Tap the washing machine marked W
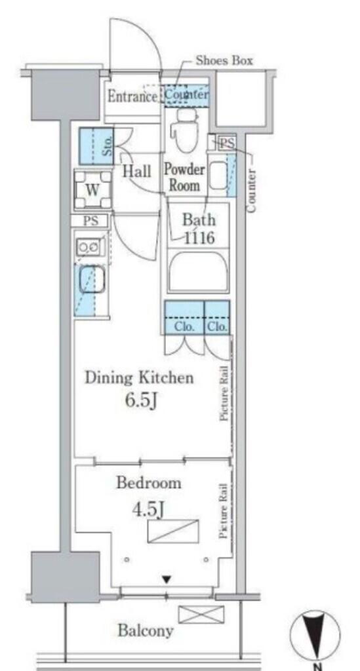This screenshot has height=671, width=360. tap(93, 189)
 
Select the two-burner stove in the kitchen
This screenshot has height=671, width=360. tap(89, 247)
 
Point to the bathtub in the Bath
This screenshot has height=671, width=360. tap(198, 271)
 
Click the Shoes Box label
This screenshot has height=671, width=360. tap(224, 60)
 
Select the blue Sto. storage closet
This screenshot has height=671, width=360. tap(96, 146)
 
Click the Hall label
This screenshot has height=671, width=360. tap(137, 172)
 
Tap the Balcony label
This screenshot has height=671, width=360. tap(146, 630)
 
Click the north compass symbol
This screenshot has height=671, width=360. tap(315, 636)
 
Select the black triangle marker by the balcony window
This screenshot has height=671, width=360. tap(167, 580)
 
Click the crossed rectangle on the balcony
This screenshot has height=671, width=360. tap(201, 614)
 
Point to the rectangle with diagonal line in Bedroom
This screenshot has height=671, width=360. tap(173, 531)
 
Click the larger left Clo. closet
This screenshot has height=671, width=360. tap(184, 317)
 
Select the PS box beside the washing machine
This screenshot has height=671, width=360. tap(91, 221)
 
